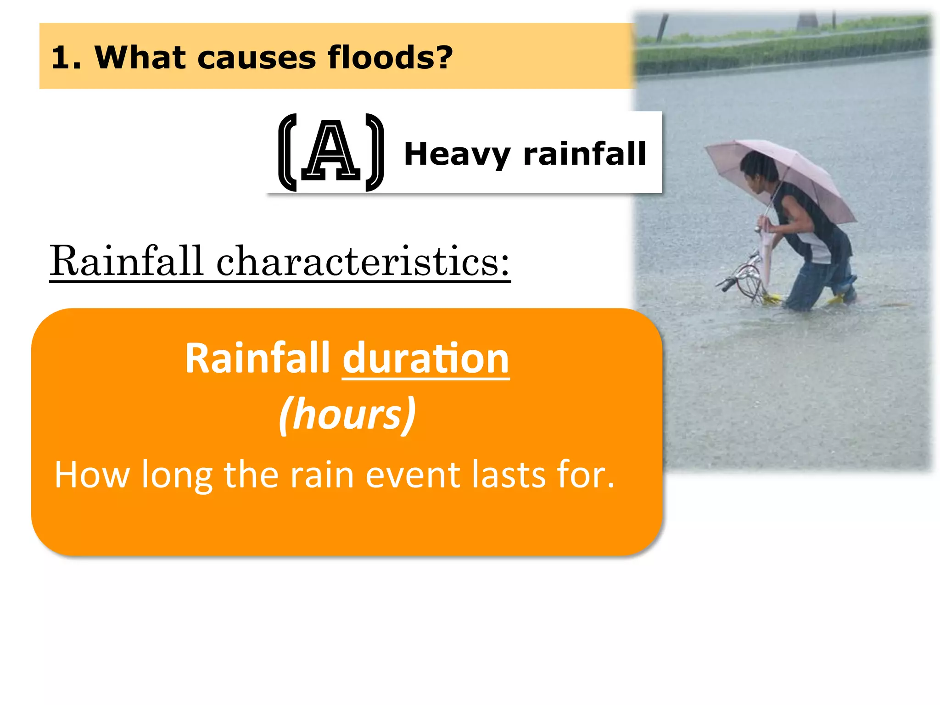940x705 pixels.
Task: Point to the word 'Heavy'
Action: (x=457, y=155)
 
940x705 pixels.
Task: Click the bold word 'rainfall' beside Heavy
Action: (x=585, y=154)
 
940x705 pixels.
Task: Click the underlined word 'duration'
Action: (x=425, y=358)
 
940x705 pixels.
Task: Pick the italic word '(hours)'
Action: (x=347, y=414)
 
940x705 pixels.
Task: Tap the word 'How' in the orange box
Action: (x=92, y=475)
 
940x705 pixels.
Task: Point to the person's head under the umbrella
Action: (x=759, y=168)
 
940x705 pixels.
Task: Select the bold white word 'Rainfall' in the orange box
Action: (x=257, y=358)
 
